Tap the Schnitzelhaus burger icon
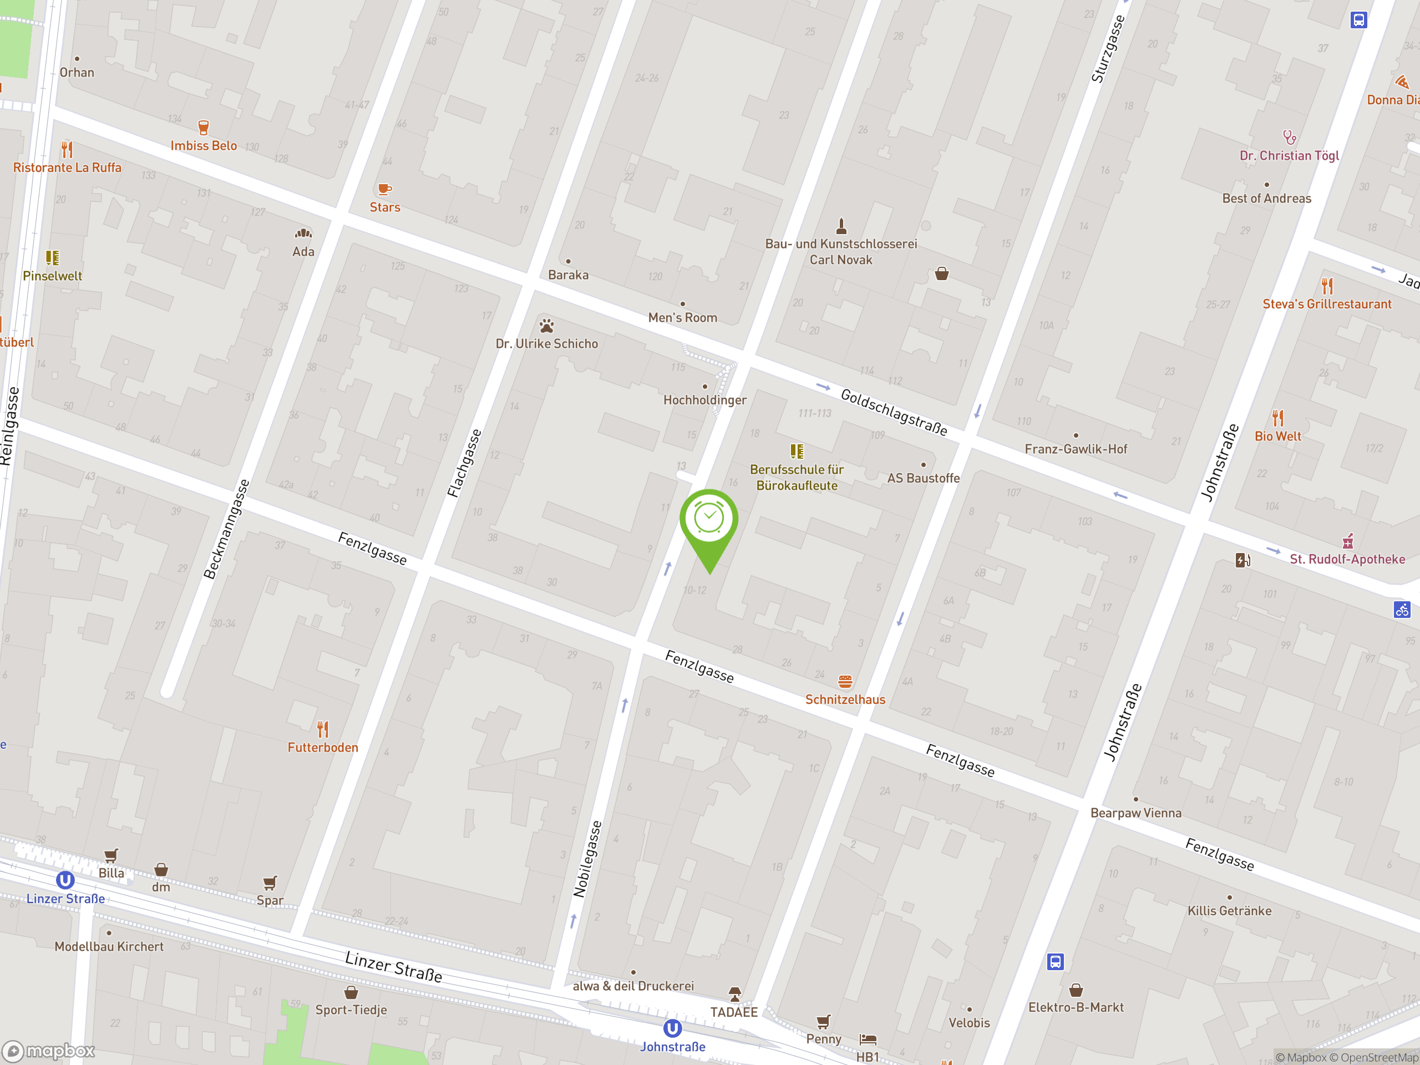coord(845,681)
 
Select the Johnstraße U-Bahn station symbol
coord(672,1028)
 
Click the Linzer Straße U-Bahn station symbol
coord(65,880)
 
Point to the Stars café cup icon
coord(384,189)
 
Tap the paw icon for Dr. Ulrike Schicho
coord(546,326)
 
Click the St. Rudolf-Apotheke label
coord(1347,559)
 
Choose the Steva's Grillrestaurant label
coord(1326,305)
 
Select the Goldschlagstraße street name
coord(894,412)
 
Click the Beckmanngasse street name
coord(226,529)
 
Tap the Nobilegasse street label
coord(588,858)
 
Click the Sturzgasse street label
coord(1108,49)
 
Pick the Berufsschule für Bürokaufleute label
coord(796,478)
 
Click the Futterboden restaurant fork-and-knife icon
coord(323,729)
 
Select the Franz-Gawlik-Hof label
coord(1076,449)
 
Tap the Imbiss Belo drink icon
coord(204,127)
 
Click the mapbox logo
coord(49,1051)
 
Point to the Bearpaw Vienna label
coord(1135,813)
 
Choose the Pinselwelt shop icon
coord(53,258)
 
